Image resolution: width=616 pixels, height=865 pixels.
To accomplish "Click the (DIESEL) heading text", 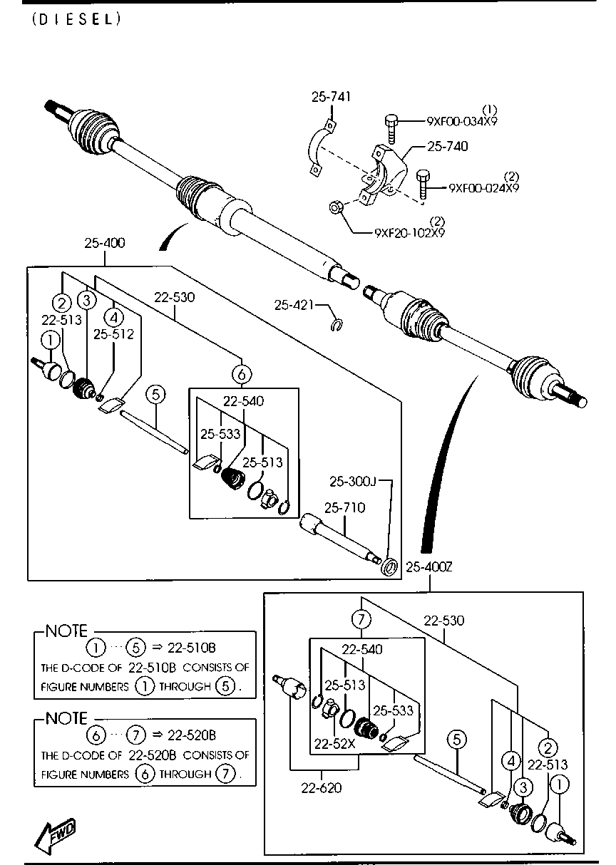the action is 77,19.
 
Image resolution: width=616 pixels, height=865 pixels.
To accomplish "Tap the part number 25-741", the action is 332,96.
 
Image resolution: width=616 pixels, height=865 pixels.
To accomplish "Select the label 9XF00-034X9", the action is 462,121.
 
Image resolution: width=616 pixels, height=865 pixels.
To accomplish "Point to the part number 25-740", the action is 448,146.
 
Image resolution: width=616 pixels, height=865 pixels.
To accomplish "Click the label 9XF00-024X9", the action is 483,188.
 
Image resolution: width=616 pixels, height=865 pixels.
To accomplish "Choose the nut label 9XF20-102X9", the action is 410,233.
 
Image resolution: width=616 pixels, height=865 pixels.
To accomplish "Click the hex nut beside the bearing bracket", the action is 334,208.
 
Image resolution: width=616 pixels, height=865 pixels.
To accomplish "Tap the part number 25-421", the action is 294,305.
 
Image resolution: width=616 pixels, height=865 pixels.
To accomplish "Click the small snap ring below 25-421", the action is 337,324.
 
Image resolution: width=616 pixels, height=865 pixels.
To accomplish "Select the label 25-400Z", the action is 429,567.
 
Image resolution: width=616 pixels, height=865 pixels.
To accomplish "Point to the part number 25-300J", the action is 352,482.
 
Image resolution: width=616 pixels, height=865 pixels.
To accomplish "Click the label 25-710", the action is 344,508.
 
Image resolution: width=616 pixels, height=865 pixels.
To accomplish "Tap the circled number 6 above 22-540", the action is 242,374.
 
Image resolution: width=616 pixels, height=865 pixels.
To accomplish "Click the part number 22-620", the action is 322,788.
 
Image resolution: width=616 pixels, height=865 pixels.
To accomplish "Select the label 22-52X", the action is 334,744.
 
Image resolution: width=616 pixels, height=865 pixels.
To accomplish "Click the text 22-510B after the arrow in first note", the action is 191,648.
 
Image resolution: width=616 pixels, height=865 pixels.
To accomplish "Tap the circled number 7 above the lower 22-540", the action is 361,619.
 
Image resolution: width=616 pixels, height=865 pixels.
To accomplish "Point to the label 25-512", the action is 113,334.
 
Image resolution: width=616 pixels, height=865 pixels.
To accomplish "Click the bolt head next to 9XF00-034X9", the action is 391,120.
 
